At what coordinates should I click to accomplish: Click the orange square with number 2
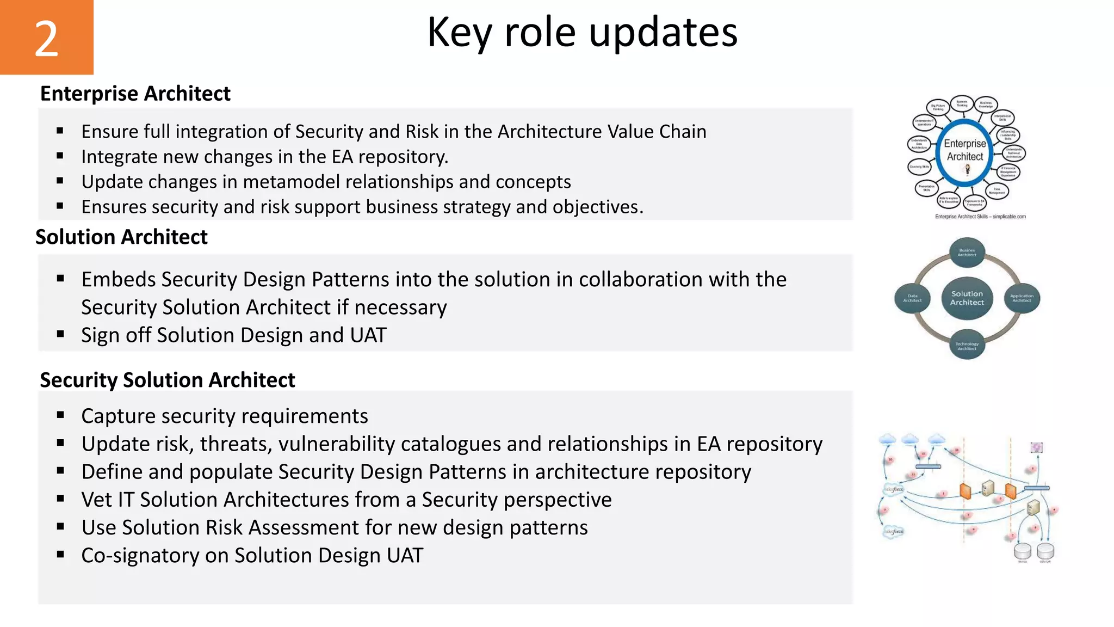(46, 37)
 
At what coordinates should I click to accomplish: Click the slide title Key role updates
(582, 33)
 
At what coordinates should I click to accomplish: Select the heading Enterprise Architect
(135, 94)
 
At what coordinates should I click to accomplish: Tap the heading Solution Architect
(121, 237)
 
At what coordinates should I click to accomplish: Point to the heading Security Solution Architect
(168, 380)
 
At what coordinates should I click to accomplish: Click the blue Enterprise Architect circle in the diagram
(965, 153)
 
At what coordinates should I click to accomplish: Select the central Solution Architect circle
(967, 298)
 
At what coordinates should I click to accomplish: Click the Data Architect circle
(912, 298)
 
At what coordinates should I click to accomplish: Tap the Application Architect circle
(1022, 298)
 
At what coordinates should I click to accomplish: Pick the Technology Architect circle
(967, 345)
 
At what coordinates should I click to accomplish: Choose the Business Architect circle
(967, 253)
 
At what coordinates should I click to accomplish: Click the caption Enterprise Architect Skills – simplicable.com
(980, 217)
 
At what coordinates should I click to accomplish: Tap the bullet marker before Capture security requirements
(60, 415)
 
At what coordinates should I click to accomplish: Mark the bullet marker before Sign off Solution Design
(60, 334)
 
